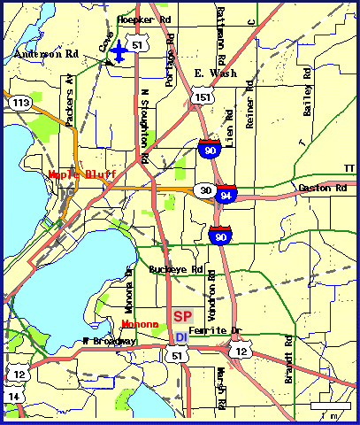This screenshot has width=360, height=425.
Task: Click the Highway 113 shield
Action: coord(19,103)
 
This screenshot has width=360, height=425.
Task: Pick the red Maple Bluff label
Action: coord(82,174)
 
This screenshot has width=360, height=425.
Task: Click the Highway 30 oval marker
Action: coord(205,189)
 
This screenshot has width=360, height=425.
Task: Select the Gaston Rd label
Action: coord(322,188)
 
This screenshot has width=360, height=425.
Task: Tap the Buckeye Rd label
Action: coord(177,269)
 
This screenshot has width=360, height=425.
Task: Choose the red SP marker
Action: coord(183,316)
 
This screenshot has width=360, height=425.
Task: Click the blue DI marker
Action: coord(180,337)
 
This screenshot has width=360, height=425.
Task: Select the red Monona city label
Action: coord(140,325)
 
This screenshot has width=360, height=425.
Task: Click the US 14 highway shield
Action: coord(12,397)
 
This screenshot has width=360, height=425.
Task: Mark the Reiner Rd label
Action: coord(250,106)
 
